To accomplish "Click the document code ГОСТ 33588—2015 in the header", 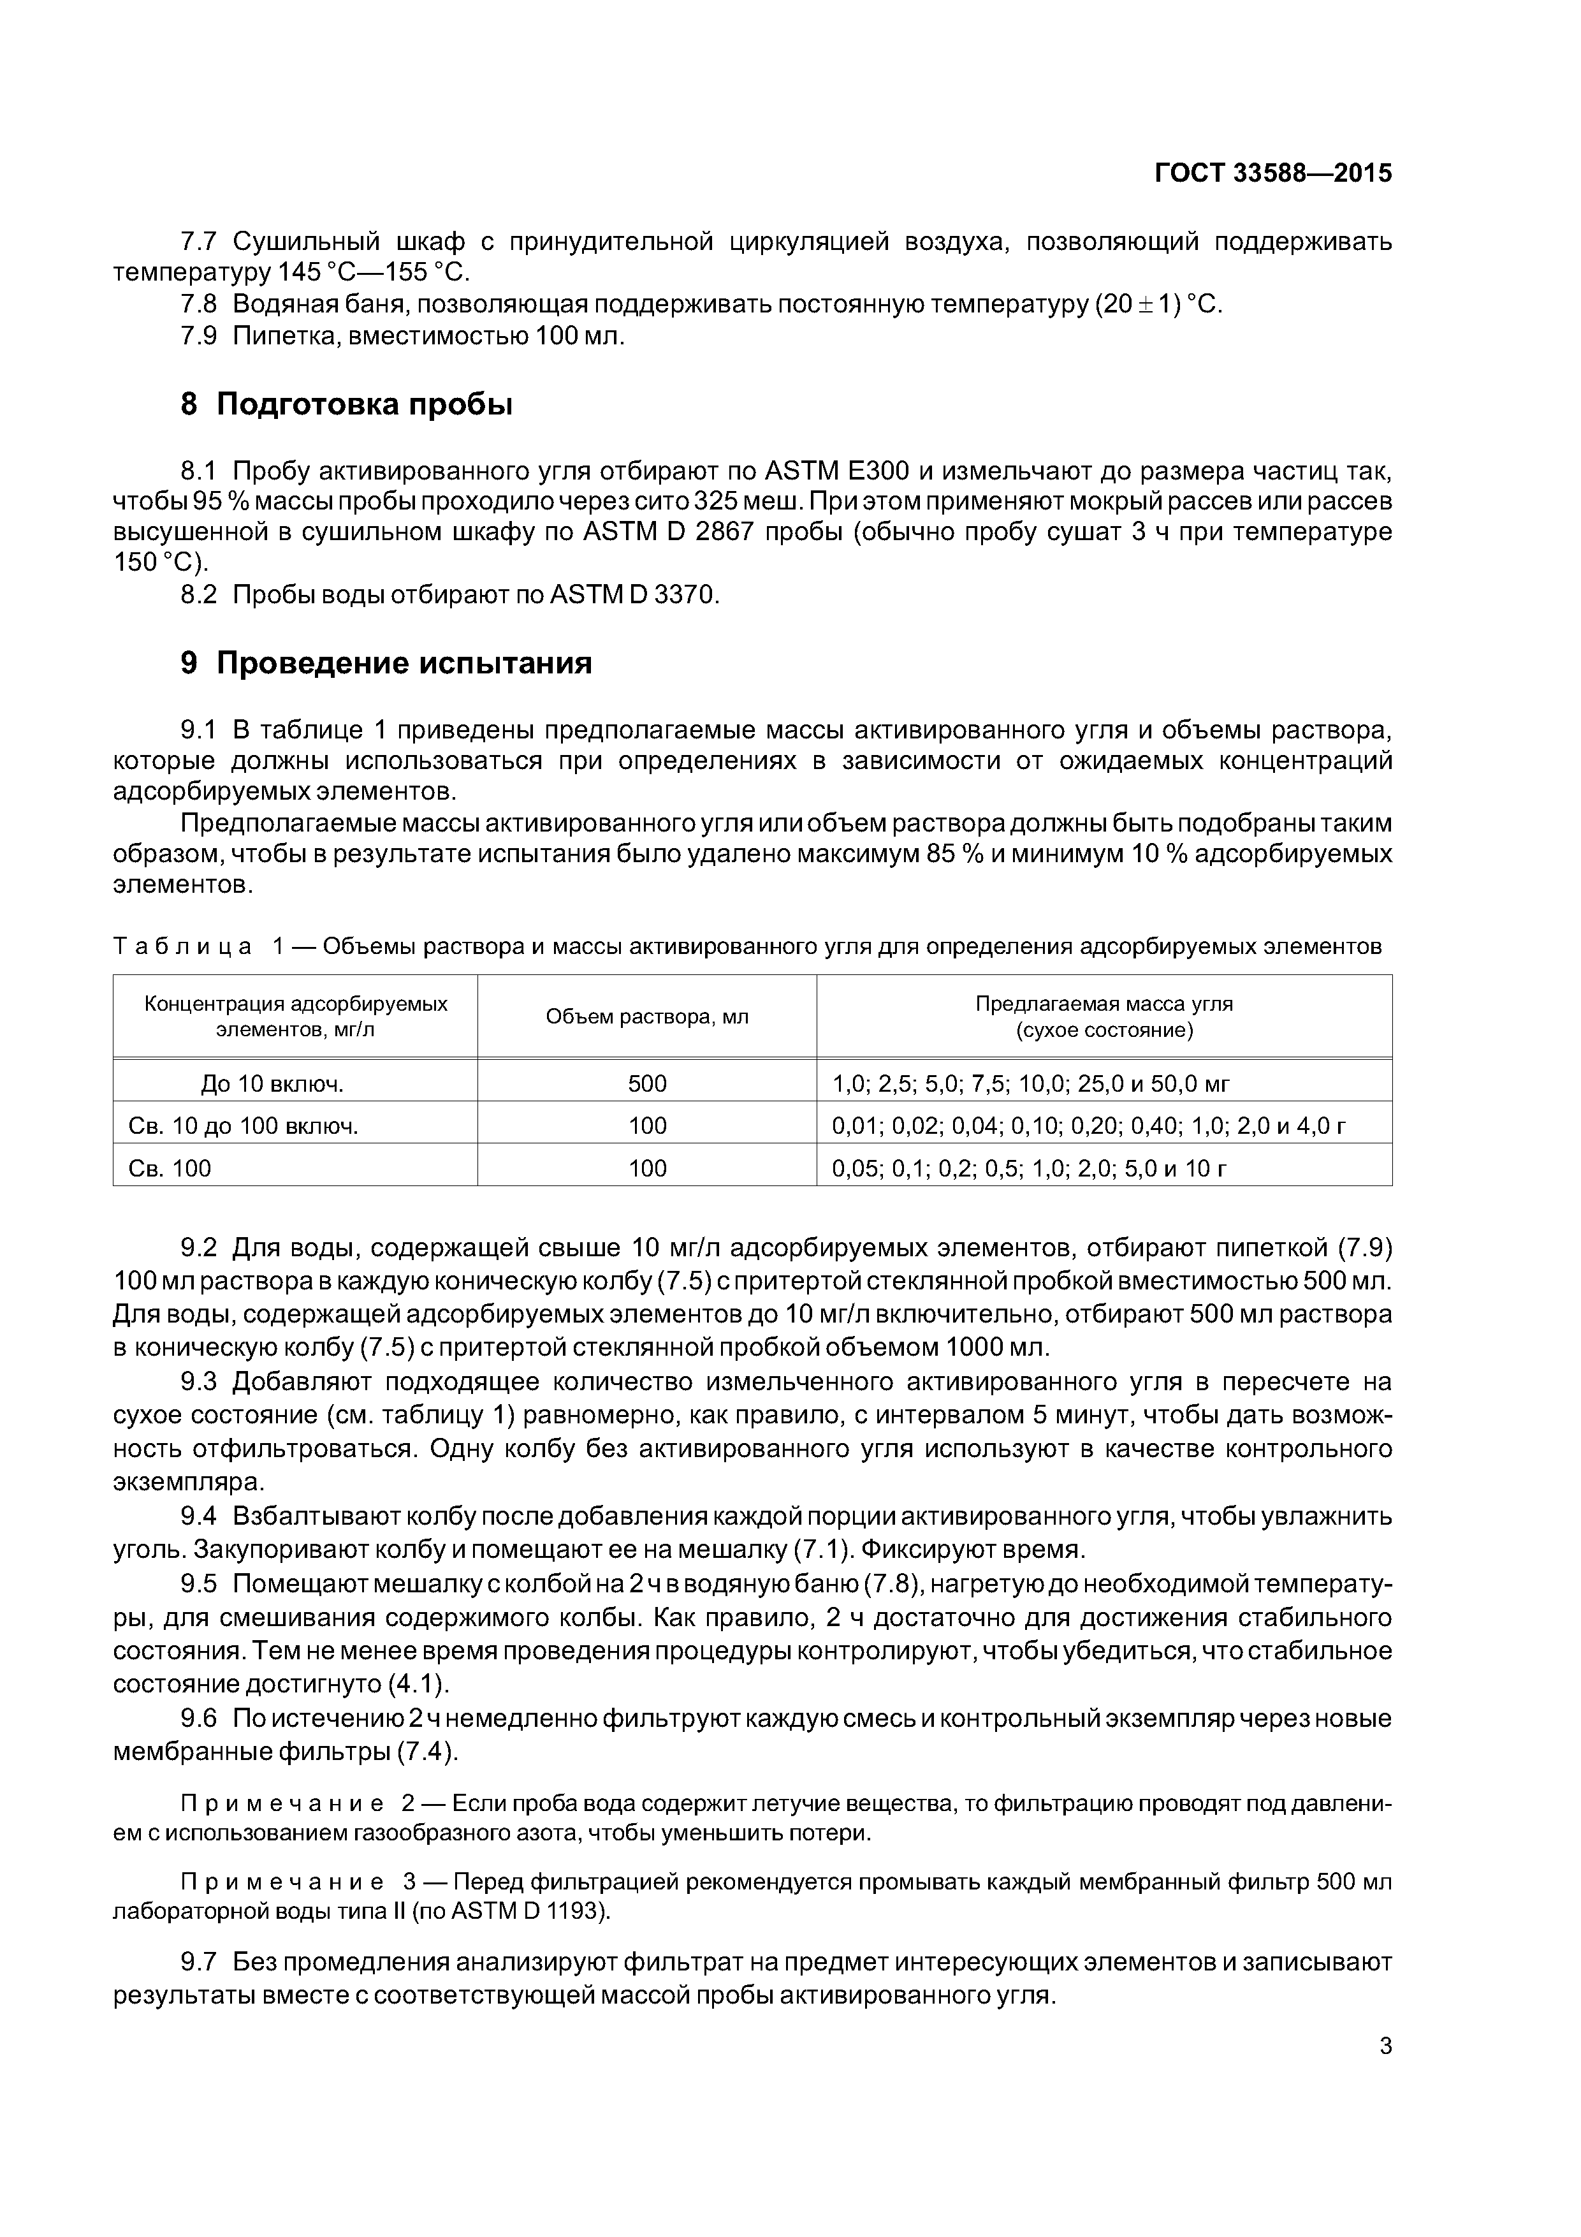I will tap(1272, 173).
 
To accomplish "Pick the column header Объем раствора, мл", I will tap(647, 1017).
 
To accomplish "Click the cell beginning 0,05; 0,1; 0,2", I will tap(1028, 1168).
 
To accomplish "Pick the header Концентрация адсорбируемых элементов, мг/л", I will tap(295, 1017).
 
